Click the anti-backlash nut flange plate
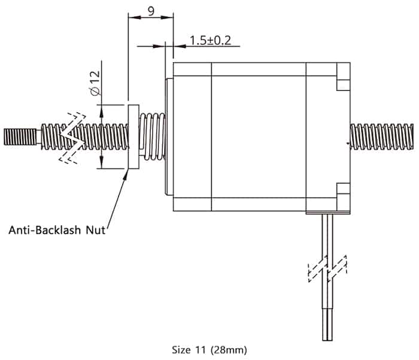(133, 136)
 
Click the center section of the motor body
(259, 136)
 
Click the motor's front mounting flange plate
(168, 136)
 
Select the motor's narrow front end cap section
(192, 136)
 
